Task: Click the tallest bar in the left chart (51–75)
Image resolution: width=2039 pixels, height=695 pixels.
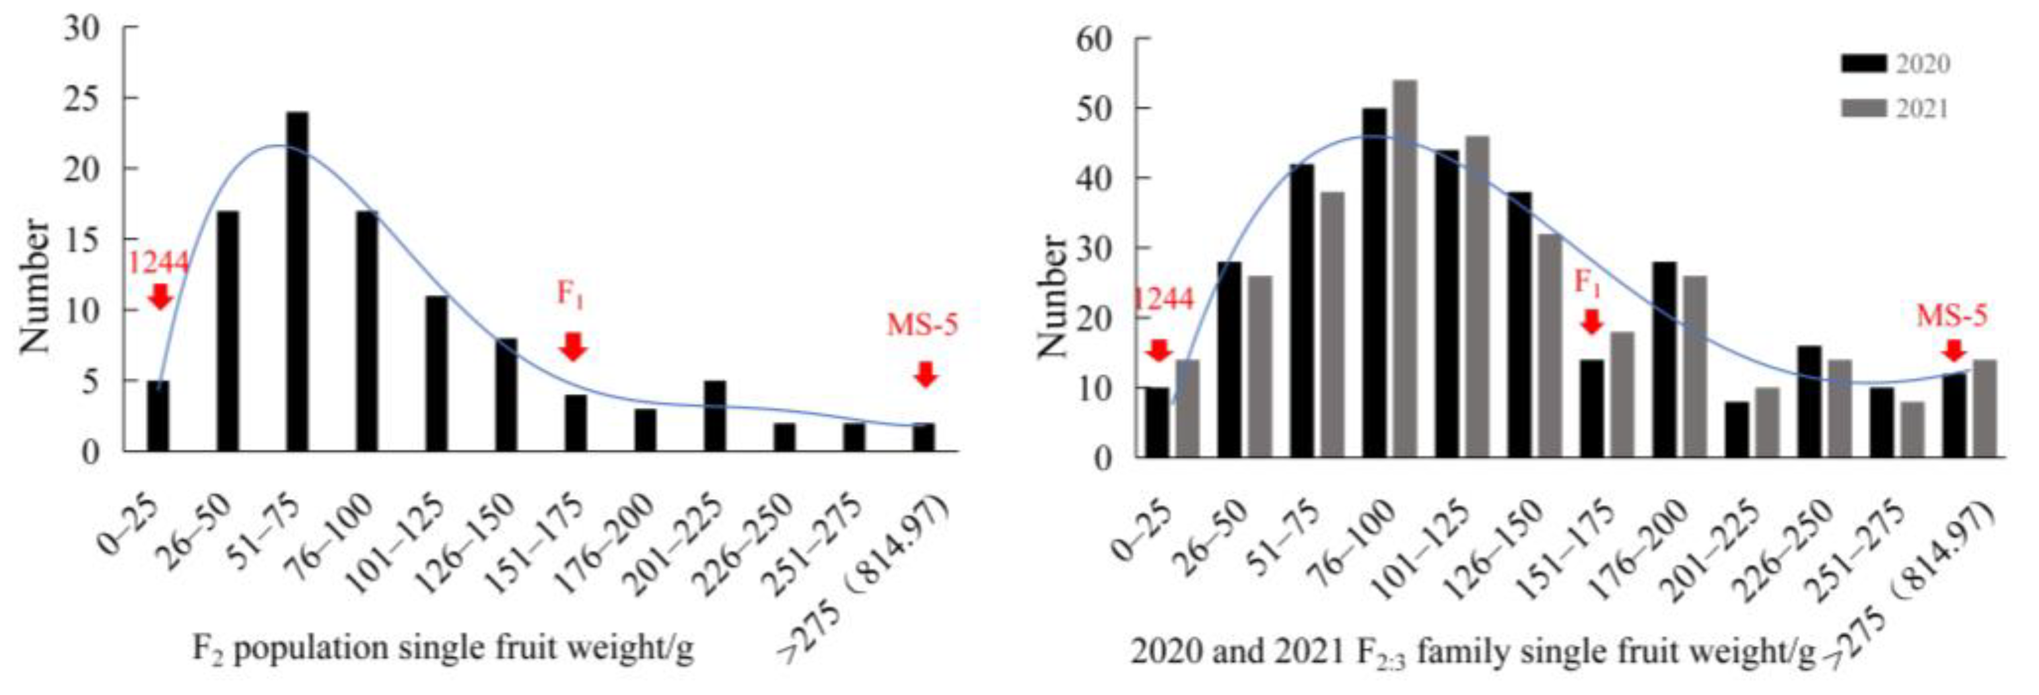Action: [x=297, y=281]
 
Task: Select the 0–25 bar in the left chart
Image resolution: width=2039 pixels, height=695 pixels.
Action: [x=158, y=416]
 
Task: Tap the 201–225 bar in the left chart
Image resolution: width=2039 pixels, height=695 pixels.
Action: [x=714, y=416]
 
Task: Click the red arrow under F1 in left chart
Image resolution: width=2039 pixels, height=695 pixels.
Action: [x=572, y=346]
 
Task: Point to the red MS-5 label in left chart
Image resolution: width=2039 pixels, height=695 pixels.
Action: [x=922, y=325]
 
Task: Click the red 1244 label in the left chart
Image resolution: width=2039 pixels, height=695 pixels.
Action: [x=158, y=263]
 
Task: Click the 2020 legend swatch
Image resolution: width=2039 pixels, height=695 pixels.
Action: [x=1864, y=63]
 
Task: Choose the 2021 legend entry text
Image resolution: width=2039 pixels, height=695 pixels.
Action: [x=1923, y=108]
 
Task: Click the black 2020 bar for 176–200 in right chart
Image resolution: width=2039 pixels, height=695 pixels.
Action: [x=1665, y=359]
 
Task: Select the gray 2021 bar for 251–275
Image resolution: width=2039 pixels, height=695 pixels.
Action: [x=1912, y=429]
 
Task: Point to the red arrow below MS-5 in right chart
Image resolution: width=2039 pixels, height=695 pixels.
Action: [x=1954, y=350]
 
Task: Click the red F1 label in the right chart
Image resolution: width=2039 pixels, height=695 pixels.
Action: [x=1587, y=282]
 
